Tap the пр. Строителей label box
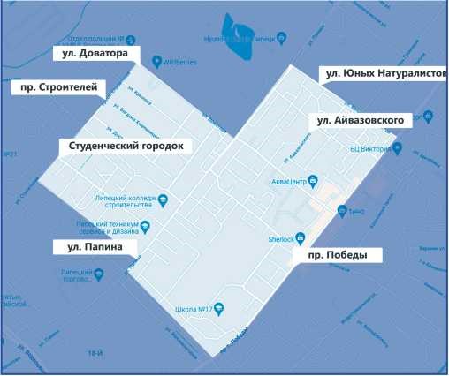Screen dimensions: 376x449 [57, 88]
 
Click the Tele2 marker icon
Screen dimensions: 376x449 [342, 210]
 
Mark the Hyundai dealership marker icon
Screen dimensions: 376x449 [282, 37]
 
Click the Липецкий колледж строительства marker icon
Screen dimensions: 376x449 [163, 199]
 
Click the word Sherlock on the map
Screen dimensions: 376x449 [279, 239]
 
